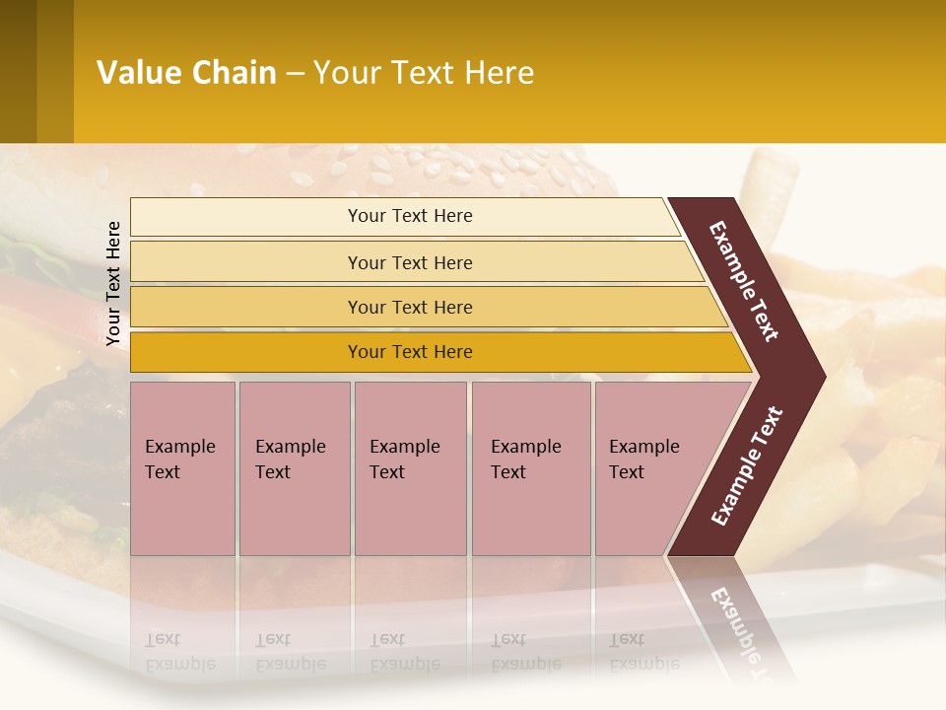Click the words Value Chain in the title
(186, 73)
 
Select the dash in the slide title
(295, 74)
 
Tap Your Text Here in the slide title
(424, 73)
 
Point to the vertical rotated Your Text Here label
(113, 284)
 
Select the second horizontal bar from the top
(410, 262)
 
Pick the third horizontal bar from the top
(410, 307)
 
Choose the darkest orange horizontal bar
(410, 352)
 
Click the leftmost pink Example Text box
(182, 468)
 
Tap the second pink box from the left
(294, 468)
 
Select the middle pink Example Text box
(410, 468)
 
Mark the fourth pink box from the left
(531, 468)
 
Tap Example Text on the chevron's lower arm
(747, 466)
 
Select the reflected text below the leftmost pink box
(180, 652)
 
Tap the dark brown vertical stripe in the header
(18, 71)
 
